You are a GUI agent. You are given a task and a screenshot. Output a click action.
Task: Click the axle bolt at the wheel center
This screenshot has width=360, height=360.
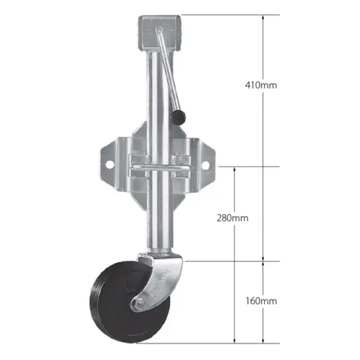pos(137,305)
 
